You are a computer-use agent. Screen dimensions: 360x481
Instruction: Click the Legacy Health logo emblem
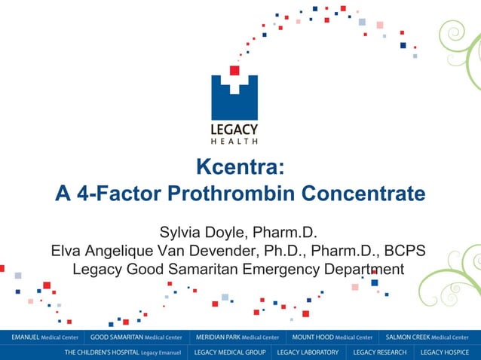(x=234, y=96)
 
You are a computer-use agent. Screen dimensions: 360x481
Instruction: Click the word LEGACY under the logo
(x=234, y=129)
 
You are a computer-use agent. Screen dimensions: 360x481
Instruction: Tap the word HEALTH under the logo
(x=234, y=141)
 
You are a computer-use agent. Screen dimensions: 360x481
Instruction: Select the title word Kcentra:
(x=240, y=166)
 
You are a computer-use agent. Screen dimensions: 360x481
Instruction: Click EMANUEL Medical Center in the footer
(x=44, y=337)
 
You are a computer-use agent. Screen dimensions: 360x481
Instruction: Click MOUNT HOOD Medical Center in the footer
(x=332, y=337)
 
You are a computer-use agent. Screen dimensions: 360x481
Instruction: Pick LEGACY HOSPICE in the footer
(x=445, y=352)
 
